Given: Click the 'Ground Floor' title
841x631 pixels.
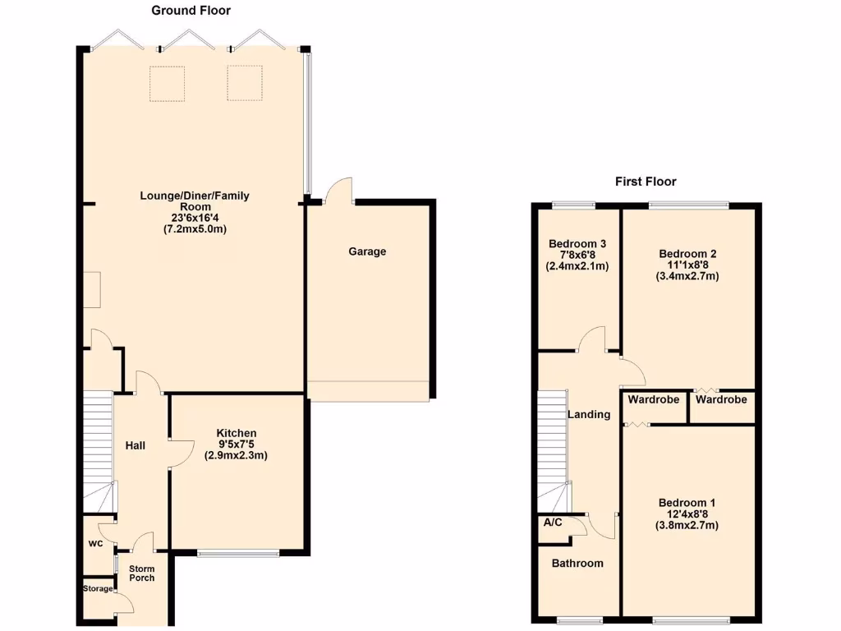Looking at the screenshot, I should tap(191, 11).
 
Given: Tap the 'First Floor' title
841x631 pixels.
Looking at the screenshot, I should tap(646, 182).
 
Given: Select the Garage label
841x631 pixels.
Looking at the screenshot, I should tap(367, 251).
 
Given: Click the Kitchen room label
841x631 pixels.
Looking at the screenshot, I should tap(237, 433).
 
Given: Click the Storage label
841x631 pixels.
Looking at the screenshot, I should tap(98, 588).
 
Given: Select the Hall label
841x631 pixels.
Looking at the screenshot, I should tap(136, 445).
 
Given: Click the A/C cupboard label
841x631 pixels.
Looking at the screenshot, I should tap(552, 522).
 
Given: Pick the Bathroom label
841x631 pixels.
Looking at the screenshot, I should tap(577, 563).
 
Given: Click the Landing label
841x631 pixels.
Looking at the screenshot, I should tap(589, 414).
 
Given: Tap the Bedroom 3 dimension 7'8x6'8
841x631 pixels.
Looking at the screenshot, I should tap(577, 255).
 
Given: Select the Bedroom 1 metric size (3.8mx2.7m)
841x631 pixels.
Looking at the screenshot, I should tap(687, 526).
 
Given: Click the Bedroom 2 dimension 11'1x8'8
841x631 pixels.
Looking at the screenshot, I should tap(687, 265).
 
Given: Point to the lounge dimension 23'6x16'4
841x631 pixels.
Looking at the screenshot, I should tap(195, 218).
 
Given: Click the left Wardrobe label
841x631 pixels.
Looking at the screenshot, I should tap(654, 400).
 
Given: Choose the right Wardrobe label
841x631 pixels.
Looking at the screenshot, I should tap(721, 400).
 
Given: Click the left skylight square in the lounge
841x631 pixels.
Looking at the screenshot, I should tap(167, 83).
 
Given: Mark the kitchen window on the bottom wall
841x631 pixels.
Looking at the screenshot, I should tap(238, 553).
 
